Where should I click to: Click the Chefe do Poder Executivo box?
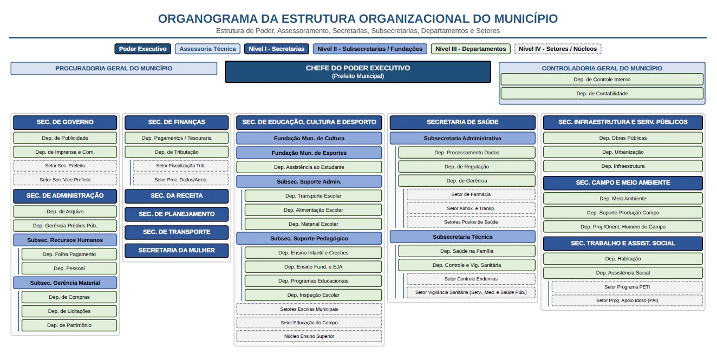click(358, 72)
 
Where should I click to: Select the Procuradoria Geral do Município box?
click(114, 68)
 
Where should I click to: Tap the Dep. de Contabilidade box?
click(602, 94)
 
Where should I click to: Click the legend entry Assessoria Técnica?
click(207, 49)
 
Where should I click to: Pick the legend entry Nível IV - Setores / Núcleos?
click(558, 49)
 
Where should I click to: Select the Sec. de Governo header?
click(65, 122)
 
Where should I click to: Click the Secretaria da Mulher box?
click(177, 251)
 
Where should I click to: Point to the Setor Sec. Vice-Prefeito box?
click(65, 180)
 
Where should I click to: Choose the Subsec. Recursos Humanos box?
click(65, 240)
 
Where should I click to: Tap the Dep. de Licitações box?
click(69, 311)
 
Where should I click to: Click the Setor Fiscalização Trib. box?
click(181, 166)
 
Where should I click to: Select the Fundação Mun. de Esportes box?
click(309, 153)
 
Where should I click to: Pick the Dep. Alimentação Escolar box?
click(313, 210)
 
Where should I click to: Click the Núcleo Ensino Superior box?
click(309, 336)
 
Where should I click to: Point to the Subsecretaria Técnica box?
click(462, 237)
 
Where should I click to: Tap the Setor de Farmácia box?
click(471, 194)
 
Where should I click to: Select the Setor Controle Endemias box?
click(471, 279)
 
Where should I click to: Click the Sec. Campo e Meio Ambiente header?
click(623, 183)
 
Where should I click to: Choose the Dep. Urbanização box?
click(623, 152)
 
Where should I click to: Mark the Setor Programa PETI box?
click(627, 287)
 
